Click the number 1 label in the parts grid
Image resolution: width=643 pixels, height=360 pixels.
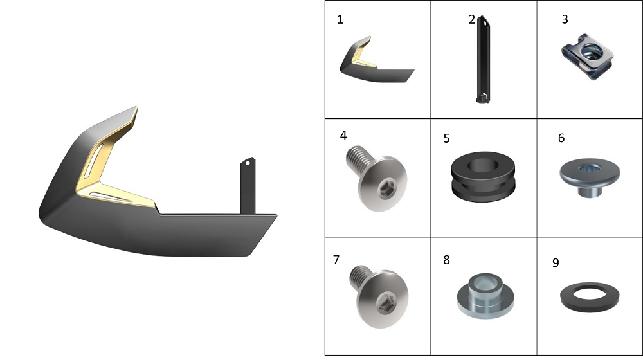coord(340,20)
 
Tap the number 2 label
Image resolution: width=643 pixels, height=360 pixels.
coord(471,20)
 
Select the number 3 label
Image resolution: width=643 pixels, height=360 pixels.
coord(565,19)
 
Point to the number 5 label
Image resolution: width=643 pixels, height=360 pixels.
coord(447,139)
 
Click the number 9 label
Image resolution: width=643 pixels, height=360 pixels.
coord(556,263)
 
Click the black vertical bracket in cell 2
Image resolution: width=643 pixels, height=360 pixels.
coord(483,59)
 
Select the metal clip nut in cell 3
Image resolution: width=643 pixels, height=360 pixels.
coord(587,57)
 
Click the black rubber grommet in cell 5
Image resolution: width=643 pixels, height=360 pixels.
coord(483,177)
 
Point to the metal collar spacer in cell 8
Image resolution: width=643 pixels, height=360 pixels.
coord(485,296)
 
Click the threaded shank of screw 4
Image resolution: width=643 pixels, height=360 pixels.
coord(359,158)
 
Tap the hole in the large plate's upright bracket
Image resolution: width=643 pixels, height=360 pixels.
coord(248,163)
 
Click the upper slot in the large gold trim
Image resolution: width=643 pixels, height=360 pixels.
coord(93,161)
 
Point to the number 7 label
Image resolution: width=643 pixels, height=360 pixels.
coord(336,260)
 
